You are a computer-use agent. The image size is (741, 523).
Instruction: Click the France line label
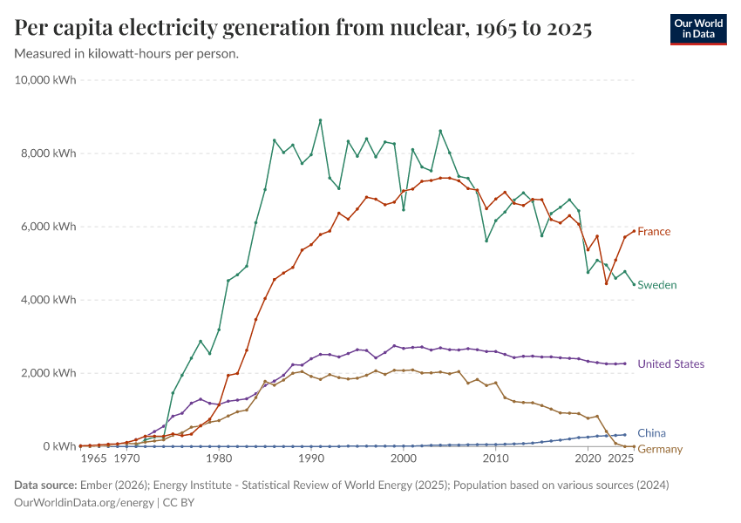tap(654, 232)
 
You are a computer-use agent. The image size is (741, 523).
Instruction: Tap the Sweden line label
tap(657, 285)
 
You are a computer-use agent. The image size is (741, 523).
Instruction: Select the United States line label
tap(670, 364)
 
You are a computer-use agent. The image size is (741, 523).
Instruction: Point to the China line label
tap(652, 433)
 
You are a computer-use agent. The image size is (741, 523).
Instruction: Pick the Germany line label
tap(660, 449)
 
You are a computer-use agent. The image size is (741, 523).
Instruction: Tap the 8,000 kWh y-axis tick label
tap(50, 153)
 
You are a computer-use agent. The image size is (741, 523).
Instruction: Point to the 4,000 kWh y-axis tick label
tap(50, 300)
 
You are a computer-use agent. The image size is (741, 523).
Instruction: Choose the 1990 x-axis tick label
tap(311, 458)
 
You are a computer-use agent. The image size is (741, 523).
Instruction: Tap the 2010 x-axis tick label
tap(496, 458)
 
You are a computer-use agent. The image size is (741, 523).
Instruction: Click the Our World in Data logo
tap(698, 29)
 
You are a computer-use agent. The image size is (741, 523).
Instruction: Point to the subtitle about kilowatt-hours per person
tap(127, 54)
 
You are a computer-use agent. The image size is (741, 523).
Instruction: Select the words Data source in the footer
tap(44, 485)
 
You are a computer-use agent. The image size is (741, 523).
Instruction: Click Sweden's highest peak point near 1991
tap(321, 120)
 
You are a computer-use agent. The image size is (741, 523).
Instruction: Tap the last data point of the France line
tap(634, 231)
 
